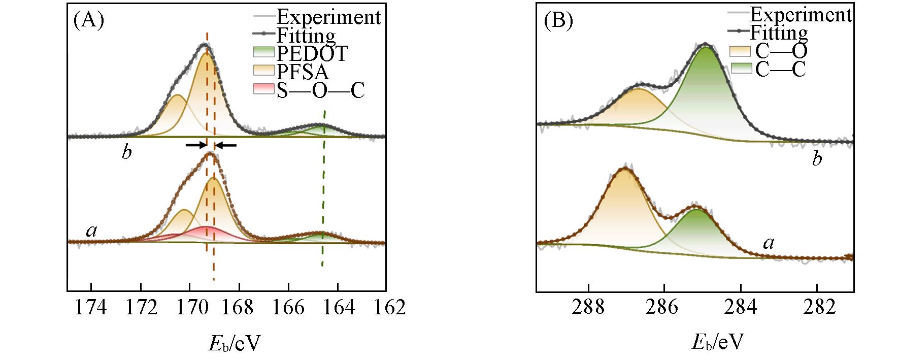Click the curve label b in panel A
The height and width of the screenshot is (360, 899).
pyautogui.click(x=127, y=152)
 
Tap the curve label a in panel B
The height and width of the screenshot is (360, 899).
pyautogui.click(x=769, y=243)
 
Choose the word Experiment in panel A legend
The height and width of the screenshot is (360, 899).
pyautogui.click(x=328, y=17)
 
